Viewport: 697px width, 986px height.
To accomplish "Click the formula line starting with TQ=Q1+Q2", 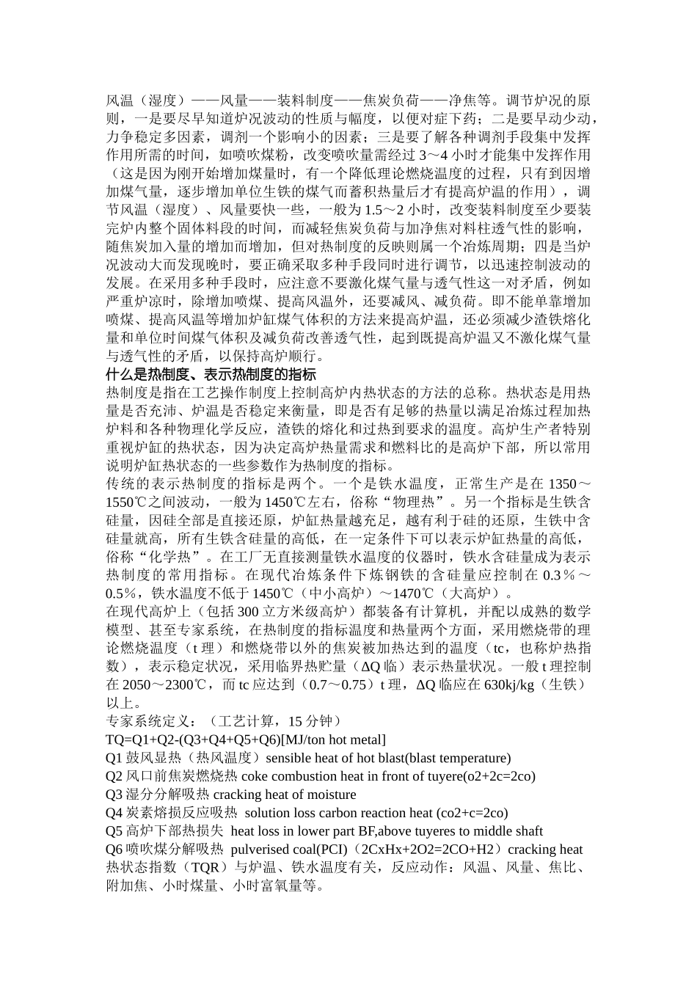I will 246,740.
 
